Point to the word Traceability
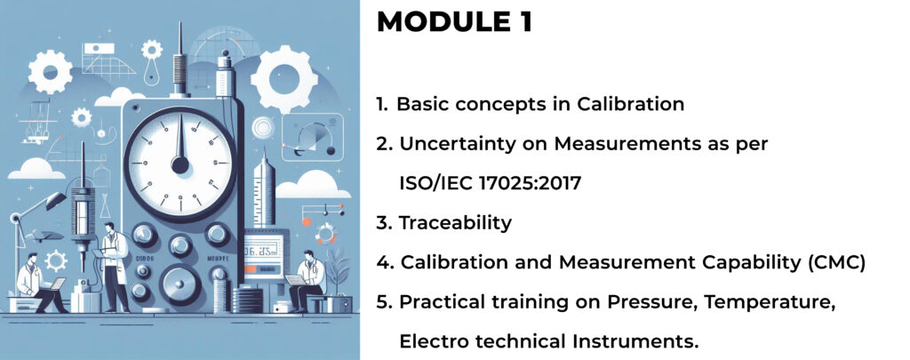click(x=456, y=223)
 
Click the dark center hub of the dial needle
click(x=180, y=165)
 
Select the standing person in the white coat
click(x=115, y=266)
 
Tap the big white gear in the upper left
click(x=51, y=71)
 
